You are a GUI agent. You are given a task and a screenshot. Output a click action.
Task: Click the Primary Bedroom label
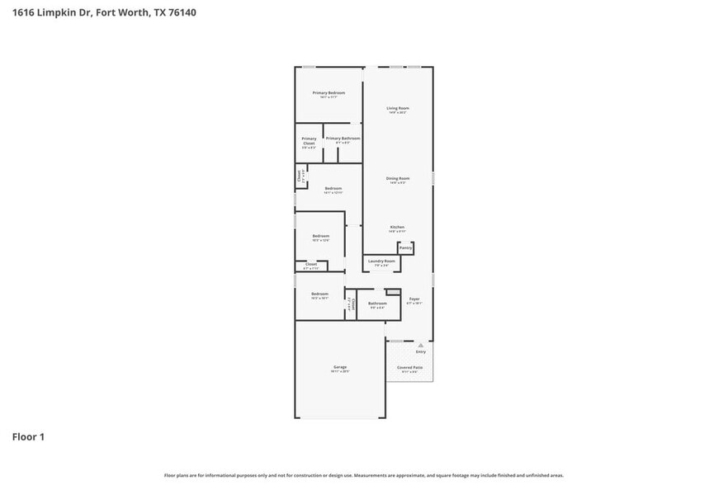(329, 93)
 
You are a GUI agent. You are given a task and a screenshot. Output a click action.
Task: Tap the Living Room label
(398, 108)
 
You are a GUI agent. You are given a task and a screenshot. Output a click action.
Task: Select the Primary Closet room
(309, 142)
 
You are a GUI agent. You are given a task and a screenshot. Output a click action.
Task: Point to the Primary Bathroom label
(343, 139)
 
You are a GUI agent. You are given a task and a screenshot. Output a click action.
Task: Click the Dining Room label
(398, 178)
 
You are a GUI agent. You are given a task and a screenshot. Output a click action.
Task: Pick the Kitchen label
(397, 227)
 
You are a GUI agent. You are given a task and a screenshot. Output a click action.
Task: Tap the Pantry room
(405, 247)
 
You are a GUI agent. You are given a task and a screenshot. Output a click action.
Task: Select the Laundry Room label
(381, 261)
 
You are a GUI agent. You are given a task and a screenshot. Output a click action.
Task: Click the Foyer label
(414, 299)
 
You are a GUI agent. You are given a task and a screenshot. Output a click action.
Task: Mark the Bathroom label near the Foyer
(377, 303)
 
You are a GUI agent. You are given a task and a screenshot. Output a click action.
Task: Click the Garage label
(340, 367)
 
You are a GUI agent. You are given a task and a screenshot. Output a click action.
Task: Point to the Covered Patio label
(409, 367)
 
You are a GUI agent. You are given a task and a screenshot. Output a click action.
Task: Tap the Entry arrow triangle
(420, 345)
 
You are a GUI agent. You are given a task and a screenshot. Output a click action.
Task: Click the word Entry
(421, 352)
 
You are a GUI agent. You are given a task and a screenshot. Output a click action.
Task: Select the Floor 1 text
(27, 436)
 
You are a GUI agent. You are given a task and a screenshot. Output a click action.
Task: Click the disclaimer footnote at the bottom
(364, 475)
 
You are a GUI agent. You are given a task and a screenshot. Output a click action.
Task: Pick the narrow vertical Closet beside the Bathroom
(350, 304)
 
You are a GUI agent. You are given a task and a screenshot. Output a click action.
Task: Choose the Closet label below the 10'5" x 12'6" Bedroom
(311, 265)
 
